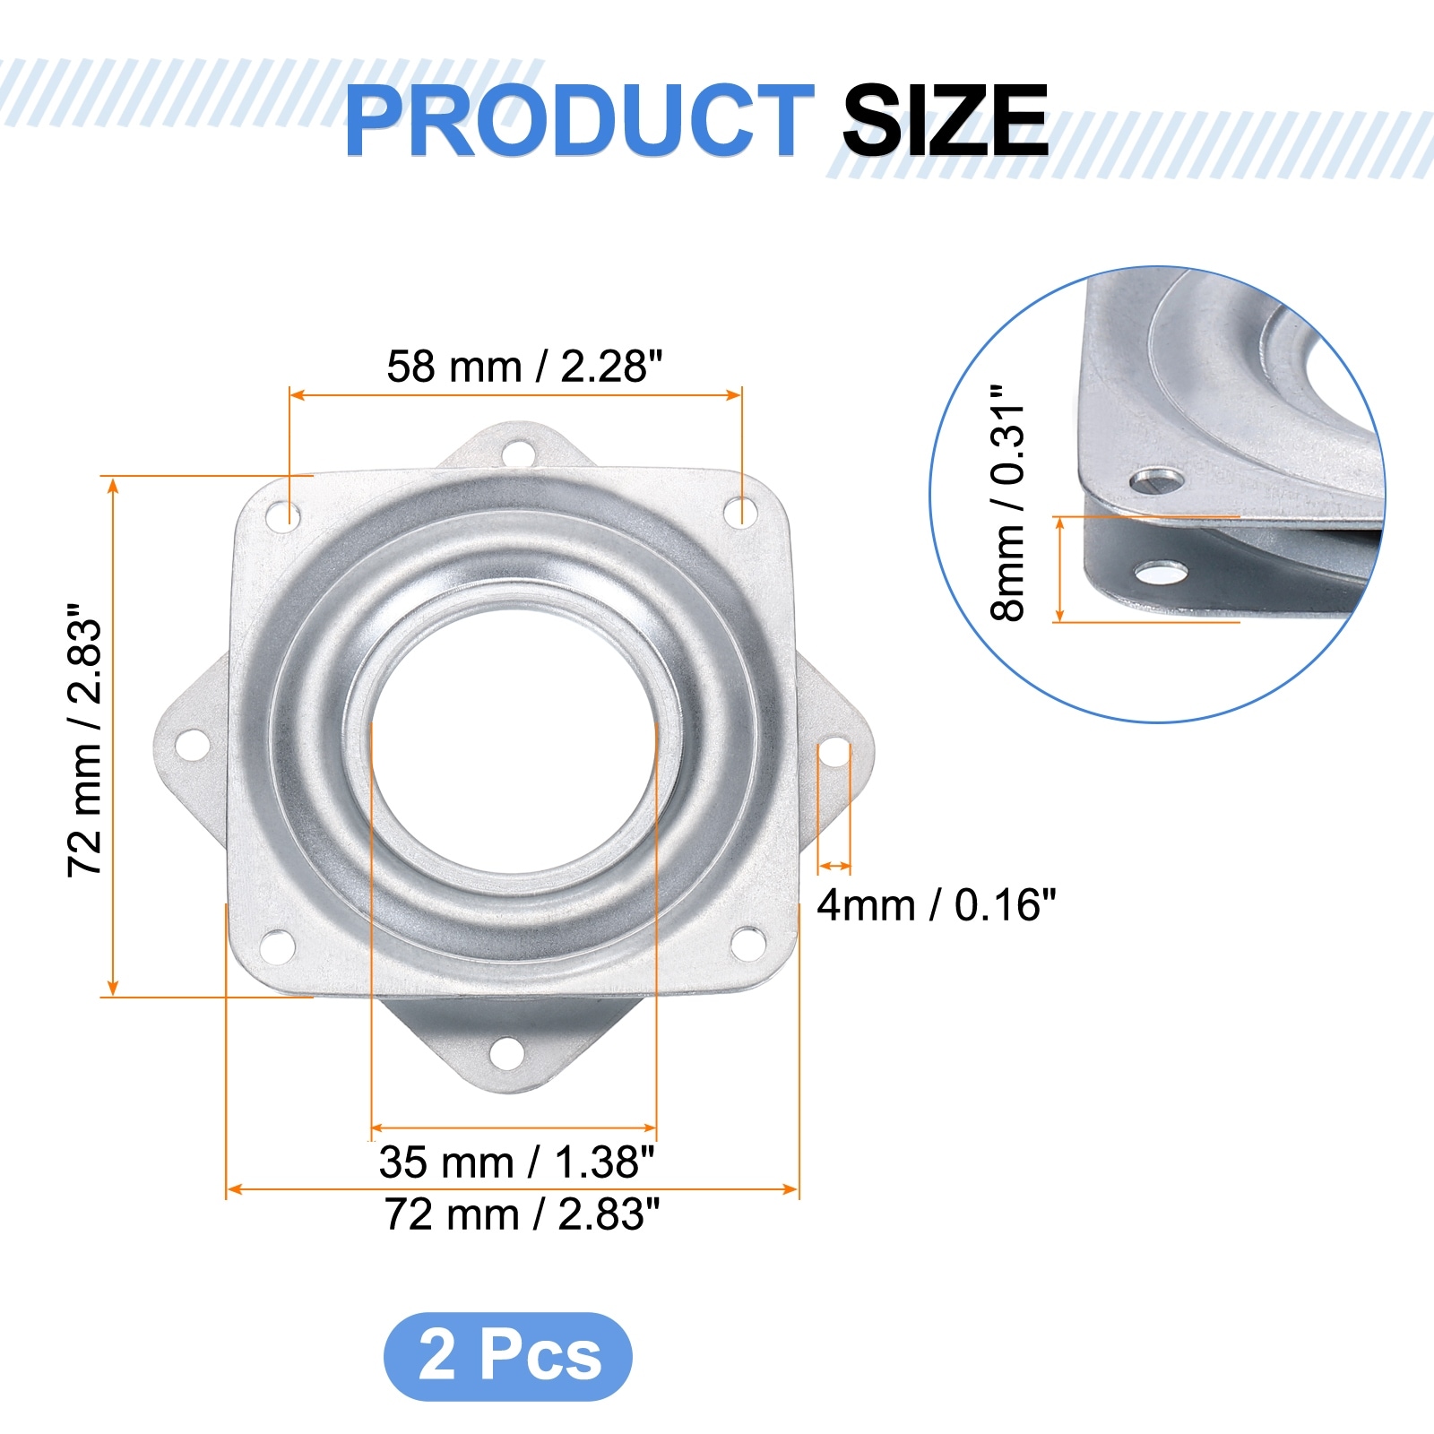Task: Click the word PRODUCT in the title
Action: [x=579, y=120]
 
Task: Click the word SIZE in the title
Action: [x=945, y=120]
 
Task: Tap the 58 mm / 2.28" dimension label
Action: [x=524, y=367]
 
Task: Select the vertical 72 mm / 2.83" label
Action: [x=85, y=739]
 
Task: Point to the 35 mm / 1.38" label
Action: [x=516, y=1162]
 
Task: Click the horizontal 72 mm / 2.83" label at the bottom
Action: [x=522, y=1214]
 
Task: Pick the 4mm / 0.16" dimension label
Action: [x=937, y=905]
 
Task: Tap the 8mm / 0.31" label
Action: [x=1007, y=503]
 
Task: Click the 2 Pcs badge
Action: [x=508, y=1356]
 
